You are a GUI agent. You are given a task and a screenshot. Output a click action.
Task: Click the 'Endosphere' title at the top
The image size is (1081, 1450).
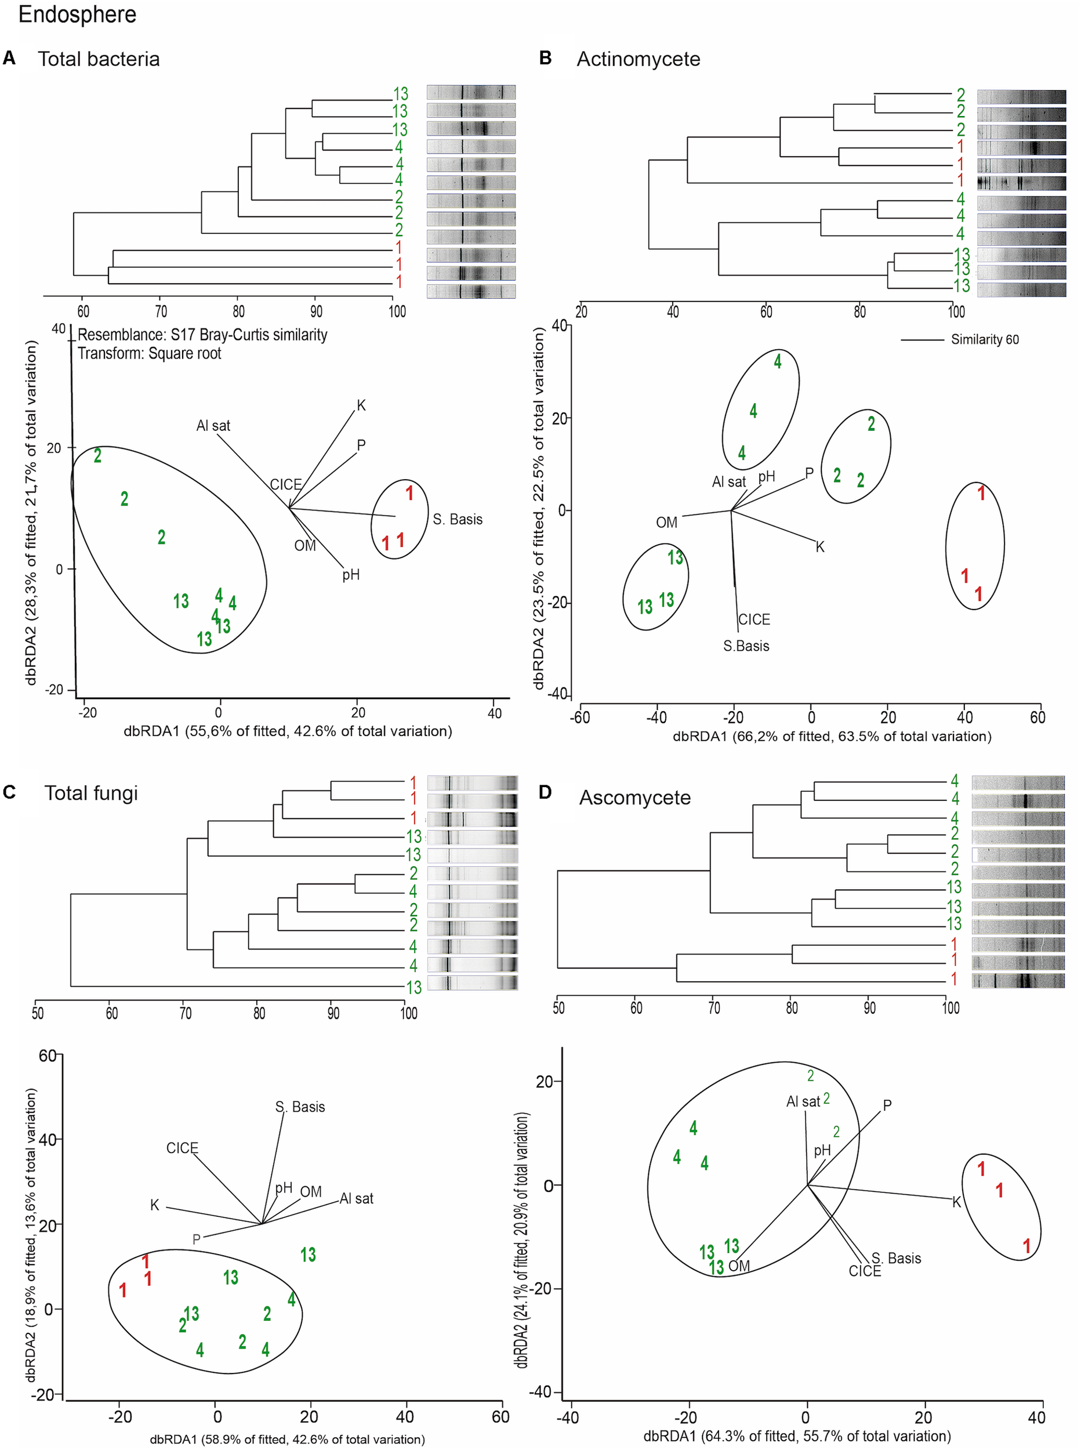point(77,14)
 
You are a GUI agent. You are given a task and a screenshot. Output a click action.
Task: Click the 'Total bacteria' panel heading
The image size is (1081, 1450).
point(98,59)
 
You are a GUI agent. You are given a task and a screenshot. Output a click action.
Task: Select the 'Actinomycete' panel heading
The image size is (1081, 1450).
point(638,59)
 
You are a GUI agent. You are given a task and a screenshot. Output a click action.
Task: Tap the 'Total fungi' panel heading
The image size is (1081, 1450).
point(91,793)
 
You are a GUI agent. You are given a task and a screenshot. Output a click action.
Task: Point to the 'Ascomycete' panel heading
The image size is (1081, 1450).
point(634,797)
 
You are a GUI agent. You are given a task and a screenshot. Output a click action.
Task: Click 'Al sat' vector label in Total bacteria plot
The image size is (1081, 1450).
point(213,426)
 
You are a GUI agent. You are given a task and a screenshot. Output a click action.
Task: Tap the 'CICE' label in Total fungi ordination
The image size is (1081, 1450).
point(182,1148)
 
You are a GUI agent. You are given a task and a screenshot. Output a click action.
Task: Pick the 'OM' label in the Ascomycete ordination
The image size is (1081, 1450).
point(739,1266)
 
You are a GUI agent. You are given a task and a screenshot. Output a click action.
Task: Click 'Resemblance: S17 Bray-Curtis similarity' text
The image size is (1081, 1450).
point(202,335)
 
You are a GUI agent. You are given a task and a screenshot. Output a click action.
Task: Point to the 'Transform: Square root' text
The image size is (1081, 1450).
point(149,354)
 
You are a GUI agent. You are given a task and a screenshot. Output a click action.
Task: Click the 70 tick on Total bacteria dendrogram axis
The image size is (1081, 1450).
point(161,311)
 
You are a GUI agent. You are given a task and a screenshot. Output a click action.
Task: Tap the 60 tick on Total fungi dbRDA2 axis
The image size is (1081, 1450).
point(48,1056)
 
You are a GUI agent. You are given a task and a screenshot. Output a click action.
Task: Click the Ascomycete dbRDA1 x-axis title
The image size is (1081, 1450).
point(796,1435)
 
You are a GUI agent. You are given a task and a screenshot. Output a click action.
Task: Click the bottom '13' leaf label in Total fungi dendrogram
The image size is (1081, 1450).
point(413,987)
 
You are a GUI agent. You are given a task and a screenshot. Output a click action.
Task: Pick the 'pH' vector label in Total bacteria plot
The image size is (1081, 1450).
point(351,575)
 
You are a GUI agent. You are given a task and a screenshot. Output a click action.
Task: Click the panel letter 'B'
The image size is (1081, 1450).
point(545,58)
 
